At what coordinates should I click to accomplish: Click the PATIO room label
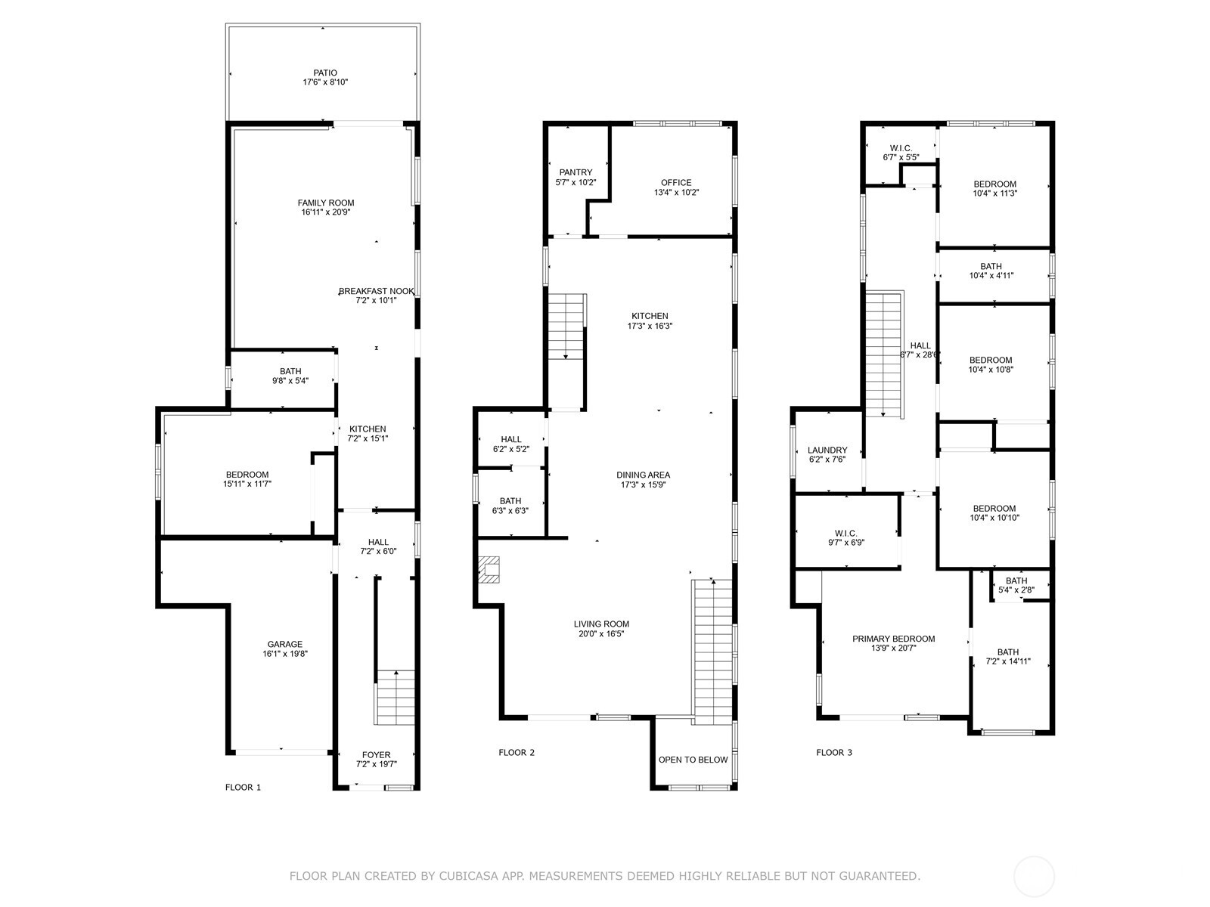(325, 73)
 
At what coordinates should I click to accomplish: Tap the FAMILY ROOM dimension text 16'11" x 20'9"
(325, 212)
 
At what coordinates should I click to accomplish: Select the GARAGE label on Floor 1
(284, 645)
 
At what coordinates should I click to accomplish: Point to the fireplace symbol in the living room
(489, 569)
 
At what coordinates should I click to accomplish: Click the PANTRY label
(576, 172)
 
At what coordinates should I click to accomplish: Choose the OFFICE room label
(675, 182)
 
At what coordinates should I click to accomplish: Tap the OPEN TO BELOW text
(693, 760)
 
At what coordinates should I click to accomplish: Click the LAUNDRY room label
(827, 450)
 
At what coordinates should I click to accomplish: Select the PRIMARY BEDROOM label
(893, 639)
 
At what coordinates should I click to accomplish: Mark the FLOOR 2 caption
(517, 752)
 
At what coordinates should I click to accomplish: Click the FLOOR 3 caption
(833, 752)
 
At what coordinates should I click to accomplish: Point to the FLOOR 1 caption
(243, 787)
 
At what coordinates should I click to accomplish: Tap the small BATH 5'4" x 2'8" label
(1016, 581)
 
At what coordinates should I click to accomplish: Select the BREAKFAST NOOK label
(376, 291)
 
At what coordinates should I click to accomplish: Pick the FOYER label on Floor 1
(376, 754)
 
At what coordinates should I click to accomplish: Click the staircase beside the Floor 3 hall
(884, 354)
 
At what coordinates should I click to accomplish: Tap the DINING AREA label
(643, 475)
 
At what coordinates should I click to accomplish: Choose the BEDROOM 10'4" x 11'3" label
(994, 184)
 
